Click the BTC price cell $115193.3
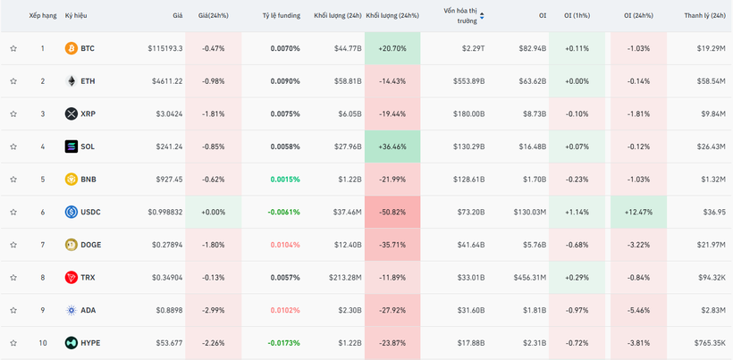tap(165, 48)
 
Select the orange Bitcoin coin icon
tap(72, 48)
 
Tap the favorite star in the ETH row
tap(13, 81)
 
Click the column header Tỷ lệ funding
tap(282, 16)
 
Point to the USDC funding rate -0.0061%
tap(284, 212)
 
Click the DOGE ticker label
tap(90, 245)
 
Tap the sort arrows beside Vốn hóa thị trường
tap(483, 16)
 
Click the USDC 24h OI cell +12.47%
tap(638, 212)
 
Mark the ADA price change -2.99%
tap(214, 310)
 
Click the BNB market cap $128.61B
tap(468, 180)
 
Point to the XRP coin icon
tap(72, 114)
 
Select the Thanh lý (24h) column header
tap(704, 16)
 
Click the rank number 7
tap(42, 245)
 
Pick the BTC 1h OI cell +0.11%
tap(577, 48)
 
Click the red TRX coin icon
tap(72, 278)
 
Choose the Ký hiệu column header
tap(76, 16)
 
